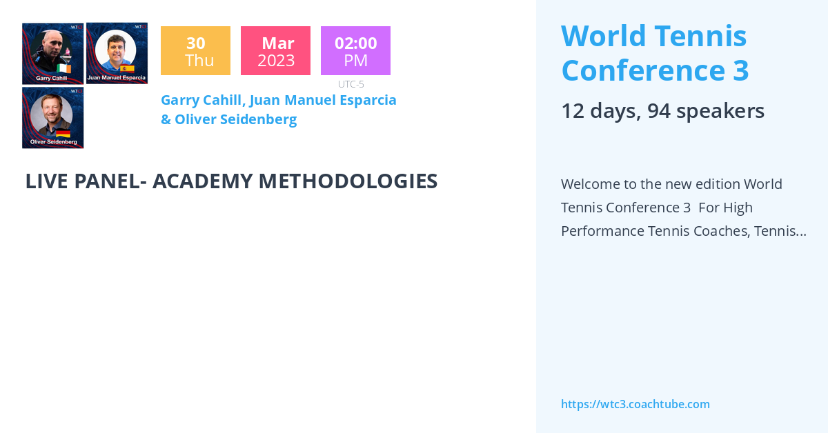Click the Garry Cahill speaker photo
click(52, 53)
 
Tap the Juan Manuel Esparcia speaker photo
click(117, 53)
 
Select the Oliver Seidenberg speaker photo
click(52, 117)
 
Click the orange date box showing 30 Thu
click(195, 51)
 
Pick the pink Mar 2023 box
click(275, 51)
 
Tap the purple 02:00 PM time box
click(355, 51)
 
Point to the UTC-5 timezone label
click(351, 84)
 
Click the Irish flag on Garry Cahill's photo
click(63, 69)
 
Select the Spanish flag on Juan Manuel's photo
click(128, 68)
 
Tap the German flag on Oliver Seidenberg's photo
click(63, 133)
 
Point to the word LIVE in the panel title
click(48, 181)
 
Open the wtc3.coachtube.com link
click(635, 404)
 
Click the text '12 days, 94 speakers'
click(662, 110)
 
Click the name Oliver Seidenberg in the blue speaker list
click(235, 119)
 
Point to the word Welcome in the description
click(594, 184)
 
